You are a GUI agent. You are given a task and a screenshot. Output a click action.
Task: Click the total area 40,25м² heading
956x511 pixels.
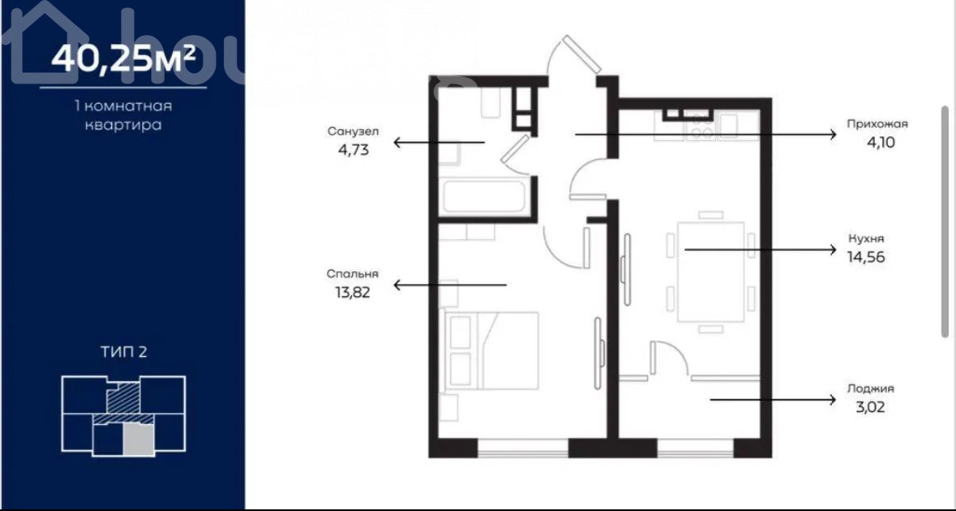123,58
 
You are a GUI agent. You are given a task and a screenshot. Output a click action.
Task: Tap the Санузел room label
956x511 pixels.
353,131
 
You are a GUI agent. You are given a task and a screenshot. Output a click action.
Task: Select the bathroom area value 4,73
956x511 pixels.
354,149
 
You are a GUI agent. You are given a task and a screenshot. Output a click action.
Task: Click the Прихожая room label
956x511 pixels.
877,124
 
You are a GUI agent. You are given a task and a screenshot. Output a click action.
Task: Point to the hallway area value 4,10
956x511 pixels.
868,143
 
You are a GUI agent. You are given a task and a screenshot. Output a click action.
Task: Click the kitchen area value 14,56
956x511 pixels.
866,257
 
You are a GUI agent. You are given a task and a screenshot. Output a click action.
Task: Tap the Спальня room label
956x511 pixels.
353,274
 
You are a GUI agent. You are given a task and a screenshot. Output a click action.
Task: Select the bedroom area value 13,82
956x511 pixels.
354,292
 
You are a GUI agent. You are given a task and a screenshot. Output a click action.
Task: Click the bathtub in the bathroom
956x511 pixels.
483,196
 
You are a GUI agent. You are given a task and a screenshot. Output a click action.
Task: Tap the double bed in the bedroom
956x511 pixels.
493,350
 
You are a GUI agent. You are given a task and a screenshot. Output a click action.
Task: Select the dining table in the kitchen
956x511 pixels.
710,272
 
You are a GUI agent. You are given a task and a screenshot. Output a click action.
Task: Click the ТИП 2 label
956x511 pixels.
124,352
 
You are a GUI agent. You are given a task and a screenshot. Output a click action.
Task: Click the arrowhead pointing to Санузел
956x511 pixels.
397,143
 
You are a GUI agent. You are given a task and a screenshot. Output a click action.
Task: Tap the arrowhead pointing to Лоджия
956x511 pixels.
832,400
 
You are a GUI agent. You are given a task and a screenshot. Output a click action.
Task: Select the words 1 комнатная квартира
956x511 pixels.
122,116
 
